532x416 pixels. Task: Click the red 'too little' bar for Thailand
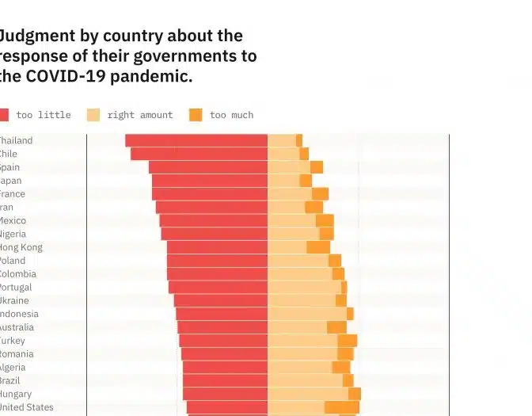coord(196,140)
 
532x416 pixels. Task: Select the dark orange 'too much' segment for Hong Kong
coord(318,247)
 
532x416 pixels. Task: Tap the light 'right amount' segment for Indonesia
coord(307,314)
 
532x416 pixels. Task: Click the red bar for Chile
coord(199,154)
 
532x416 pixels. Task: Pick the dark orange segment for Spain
coord(317,167)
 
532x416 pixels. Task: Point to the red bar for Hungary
coord(225,394)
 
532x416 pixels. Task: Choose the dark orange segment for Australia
coord(336,327)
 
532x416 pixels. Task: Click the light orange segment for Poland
coord(298,261)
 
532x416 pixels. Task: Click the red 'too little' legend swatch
coord(3,115)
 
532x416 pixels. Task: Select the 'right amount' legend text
coord(139,115)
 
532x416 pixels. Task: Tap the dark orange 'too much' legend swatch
coord(196,115)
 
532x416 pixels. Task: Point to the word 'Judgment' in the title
coord(35,36)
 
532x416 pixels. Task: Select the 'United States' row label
coord(27,407)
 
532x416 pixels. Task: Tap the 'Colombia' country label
coord(17,274)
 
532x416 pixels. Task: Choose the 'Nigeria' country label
coord(13,234)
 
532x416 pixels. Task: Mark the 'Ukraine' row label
coord(14,300)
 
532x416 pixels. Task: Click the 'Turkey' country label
coord(13,341)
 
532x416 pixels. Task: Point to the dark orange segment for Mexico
coord(325,220)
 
